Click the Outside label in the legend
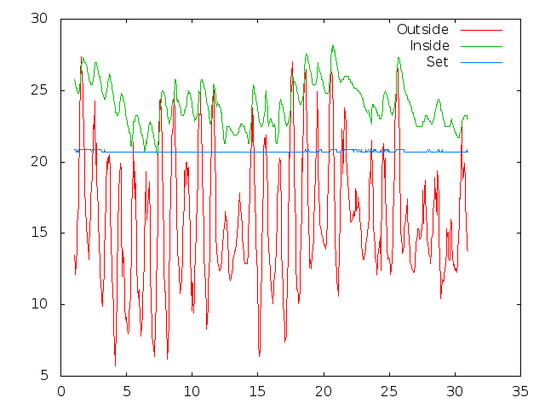point(422,30)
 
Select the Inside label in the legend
point(429,45)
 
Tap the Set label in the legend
point(438,61)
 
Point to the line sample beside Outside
point(481,30)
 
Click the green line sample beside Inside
point(481,46)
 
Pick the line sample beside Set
point(481,62)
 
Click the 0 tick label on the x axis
point(61,392)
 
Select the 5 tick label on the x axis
point(127,392)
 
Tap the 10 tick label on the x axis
point(192,392)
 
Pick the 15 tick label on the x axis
point(258,392)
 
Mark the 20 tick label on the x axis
point(324,392)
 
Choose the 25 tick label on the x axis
point(389,392)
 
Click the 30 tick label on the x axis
point(455,392)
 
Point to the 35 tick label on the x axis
point(520,392)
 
